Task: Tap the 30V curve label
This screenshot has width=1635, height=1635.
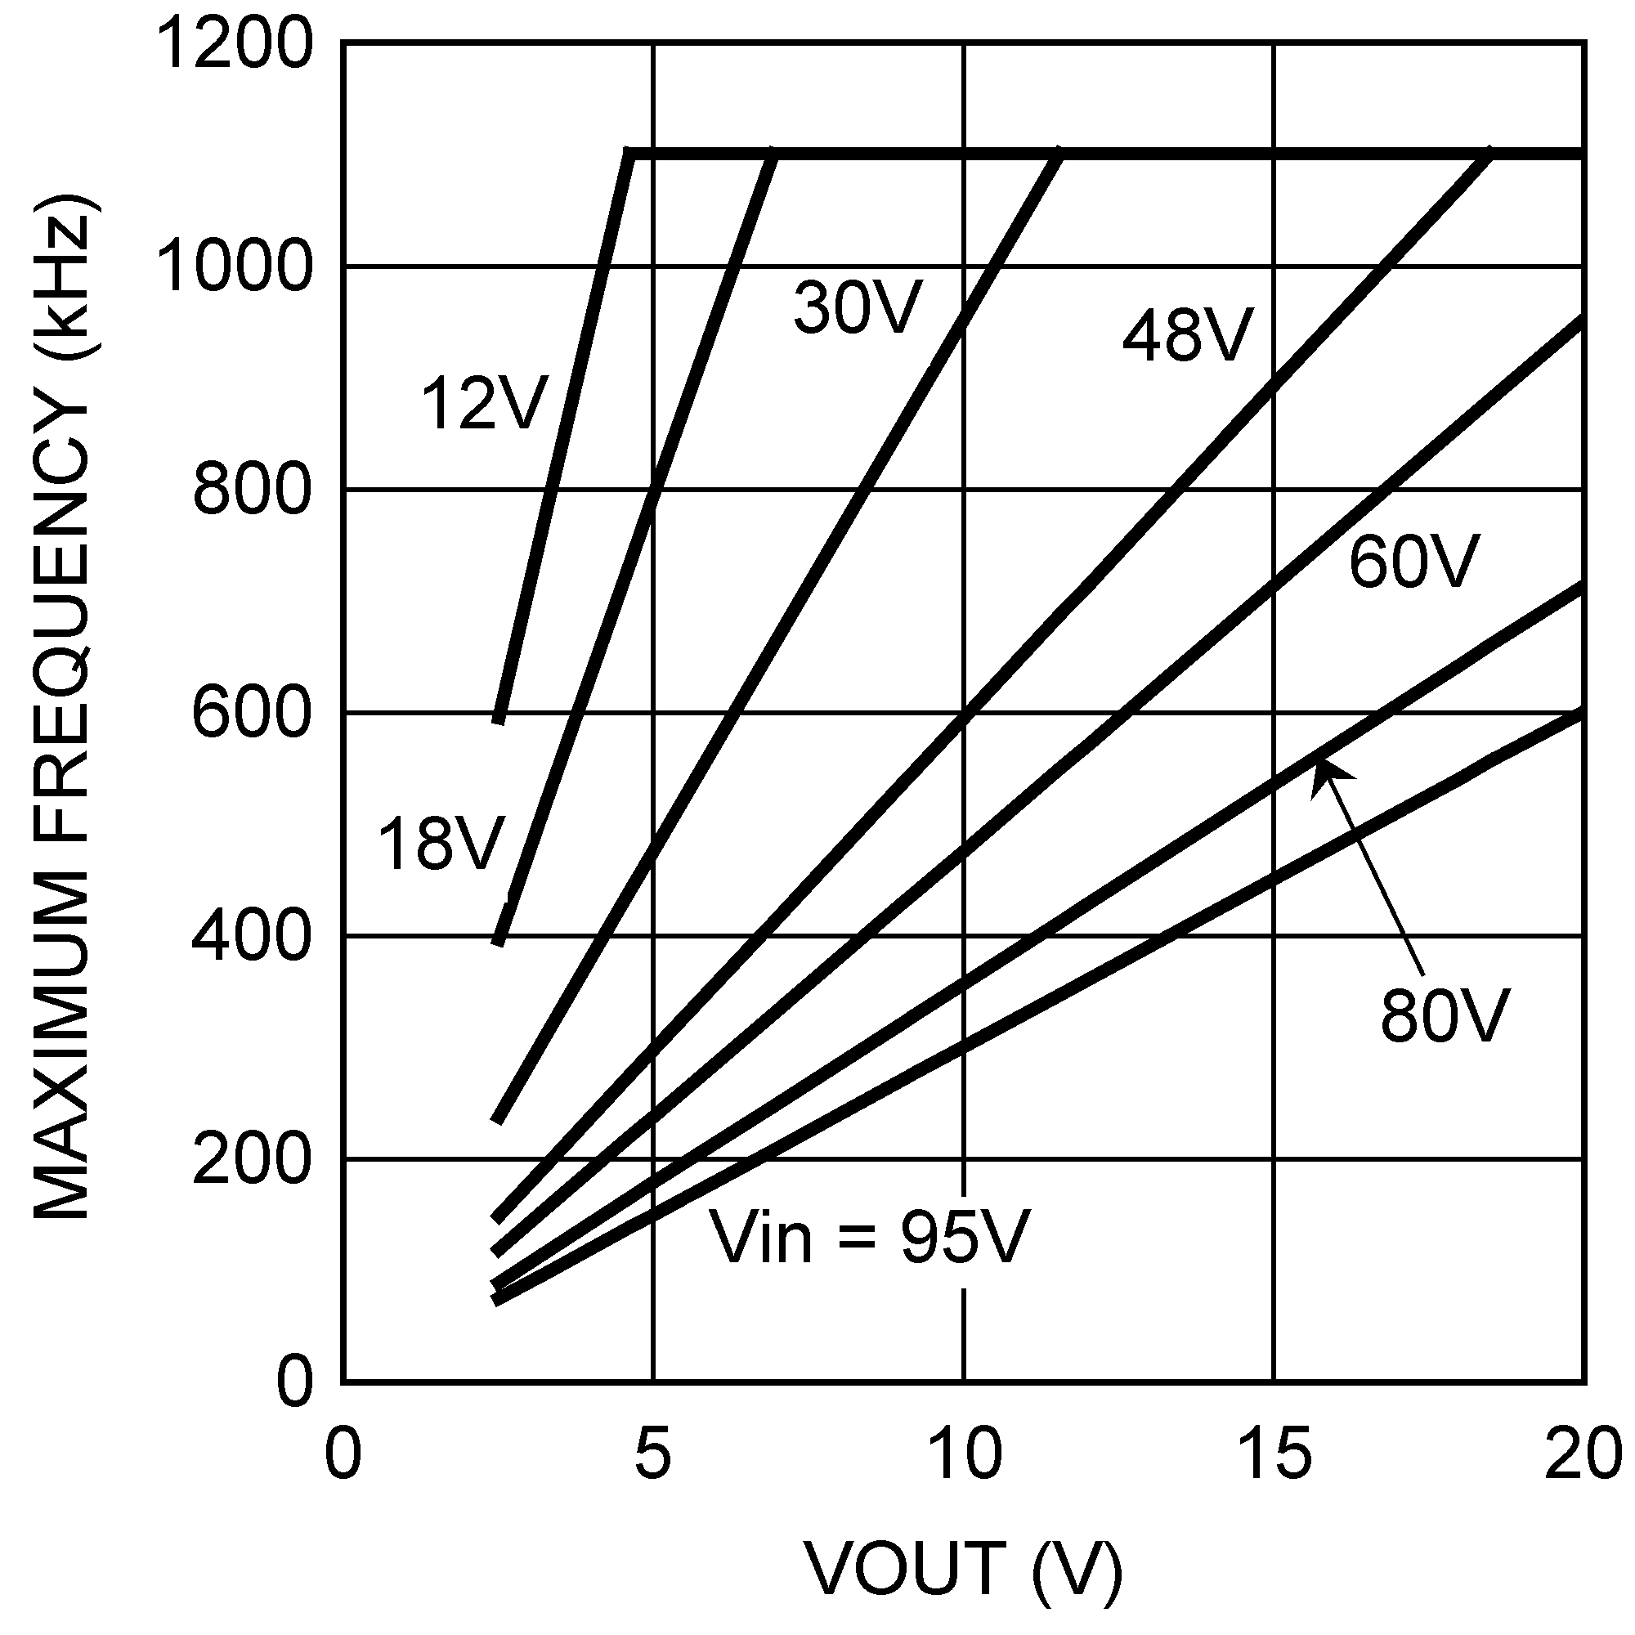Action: (x=857, y=308)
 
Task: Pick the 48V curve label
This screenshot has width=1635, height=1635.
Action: (x=1186, y=336)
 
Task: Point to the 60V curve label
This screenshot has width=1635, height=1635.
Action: (x=1414, y=561)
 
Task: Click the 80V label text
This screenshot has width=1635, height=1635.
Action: (x=1445, y=1015)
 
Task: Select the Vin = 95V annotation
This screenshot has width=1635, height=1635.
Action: (x=868, y=1237)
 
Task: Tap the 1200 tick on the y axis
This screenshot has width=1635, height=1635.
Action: (x=235, y=44)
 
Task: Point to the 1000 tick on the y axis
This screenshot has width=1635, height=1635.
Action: (x=235, y=267)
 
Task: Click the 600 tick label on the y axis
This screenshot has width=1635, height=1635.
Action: (x=251, y=714)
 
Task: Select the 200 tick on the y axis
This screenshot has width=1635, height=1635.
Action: (x=251, y=1158)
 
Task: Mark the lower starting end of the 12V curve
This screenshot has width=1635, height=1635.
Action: (x=499, y=719)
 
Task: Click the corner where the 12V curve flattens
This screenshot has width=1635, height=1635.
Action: (x=628, y=153)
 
